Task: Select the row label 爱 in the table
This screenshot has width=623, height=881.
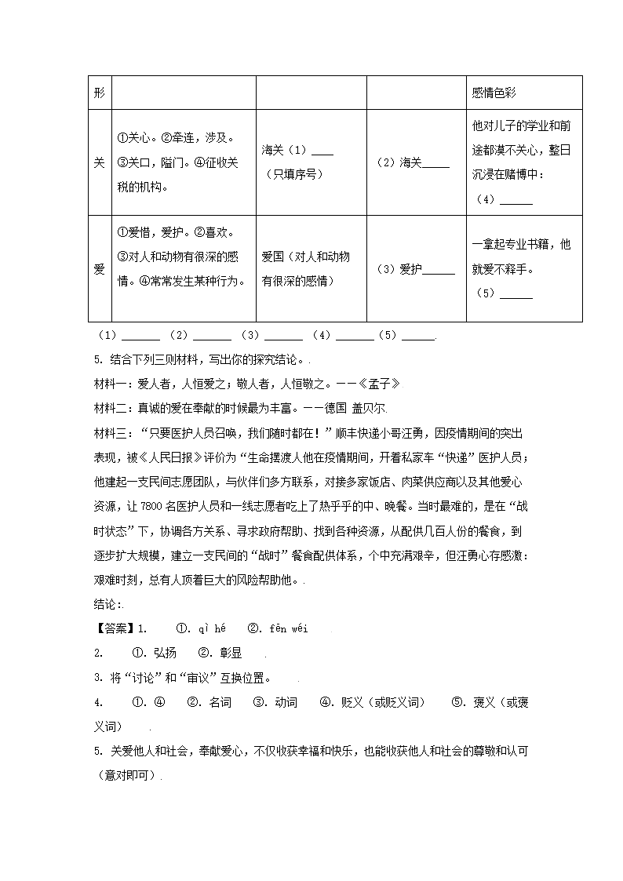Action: [99, 269]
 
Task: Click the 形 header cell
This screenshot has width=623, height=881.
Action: [99, 93]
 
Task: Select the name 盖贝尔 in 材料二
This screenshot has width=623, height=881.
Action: [372, 408]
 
